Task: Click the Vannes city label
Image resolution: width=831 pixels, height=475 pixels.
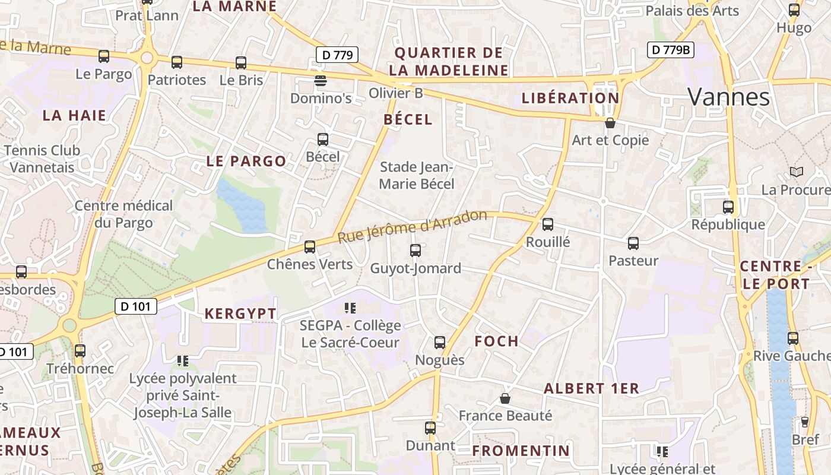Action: tap(729, 97)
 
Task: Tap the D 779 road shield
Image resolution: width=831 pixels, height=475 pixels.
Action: tap(337, 55)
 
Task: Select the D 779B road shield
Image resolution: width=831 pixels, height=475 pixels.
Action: tap(670, 50)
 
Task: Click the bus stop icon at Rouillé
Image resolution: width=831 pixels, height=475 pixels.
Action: tap(548, 224)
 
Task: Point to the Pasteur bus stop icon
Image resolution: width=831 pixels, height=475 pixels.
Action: tap(633, 243)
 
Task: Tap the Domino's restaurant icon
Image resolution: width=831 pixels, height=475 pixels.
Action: tap(321, 81)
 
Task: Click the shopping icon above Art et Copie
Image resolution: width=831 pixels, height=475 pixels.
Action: tap(610, 123)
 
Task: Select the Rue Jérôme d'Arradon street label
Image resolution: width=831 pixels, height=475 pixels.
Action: tap(412, 226)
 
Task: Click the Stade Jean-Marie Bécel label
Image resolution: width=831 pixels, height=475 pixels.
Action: tap(417, 176)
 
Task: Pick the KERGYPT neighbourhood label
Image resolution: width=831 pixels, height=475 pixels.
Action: tap(240, 314)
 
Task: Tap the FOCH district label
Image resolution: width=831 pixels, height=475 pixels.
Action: tap(497, 341)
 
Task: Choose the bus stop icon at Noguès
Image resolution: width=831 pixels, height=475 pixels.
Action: tap(440, 343)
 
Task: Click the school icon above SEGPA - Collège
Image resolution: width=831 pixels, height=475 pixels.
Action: tap(350, 308)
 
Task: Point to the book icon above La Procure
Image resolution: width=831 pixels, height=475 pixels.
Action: tap(796, 172)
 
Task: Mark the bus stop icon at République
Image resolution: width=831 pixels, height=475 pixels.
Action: tap(728, 207)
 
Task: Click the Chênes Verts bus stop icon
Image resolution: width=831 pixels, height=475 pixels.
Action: tap(310, 247)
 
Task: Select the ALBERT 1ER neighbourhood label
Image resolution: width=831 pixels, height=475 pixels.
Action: tap(591, 389)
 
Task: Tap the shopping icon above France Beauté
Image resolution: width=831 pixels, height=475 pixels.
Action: tap(505, 398)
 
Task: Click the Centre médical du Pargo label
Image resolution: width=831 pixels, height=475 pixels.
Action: tap(123, 214)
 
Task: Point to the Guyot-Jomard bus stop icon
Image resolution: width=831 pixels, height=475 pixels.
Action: tap(415, 251)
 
